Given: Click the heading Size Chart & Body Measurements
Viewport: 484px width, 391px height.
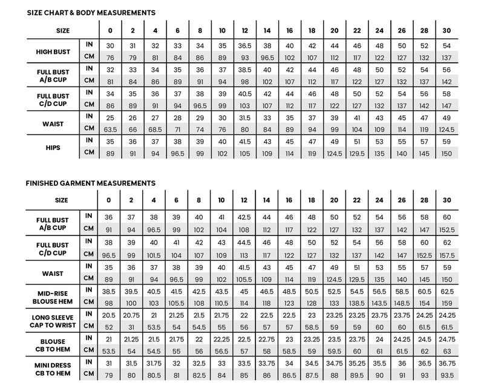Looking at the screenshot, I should [x=91, y=12].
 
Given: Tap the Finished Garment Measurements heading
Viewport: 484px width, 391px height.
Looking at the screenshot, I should [x=91, y=183].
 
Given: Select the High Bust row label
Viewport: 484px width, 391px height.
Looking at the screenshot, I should [x=54, y=51].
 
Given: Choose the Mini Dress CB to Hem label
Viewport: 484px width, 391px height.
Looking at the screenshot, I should [x=54, y=367].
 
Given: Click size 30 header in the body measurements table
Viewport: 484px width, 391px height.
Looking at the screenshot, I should [x=446, y=30].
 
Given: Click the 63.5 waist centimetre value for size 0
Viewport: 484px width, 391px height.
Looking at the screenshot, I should [x=110, y=130].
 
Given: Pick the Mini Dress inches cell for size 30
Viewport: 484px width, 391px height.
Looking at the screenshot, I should [x=446, y=362].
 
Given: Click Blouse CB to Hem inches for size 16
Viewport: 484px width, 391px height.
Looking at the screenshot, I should [x=290, y=338].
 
